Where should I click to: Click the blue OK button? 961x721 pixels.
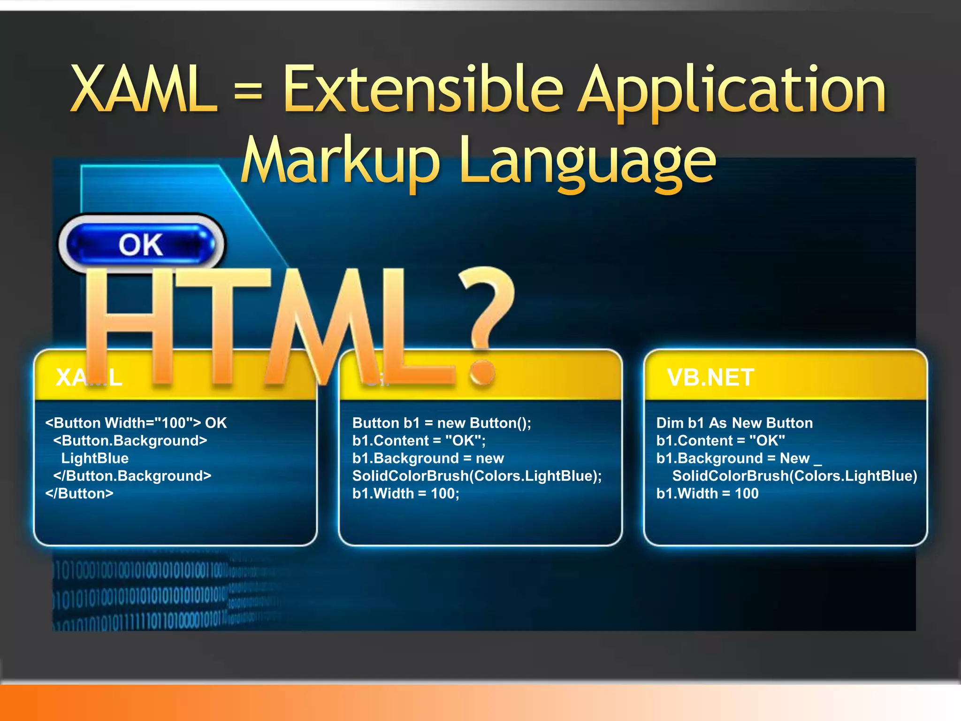[141, 244]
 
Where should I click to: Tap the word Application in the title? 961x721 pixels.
[732, 92]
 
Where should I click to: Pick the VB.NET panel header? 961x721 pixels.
[710, 377]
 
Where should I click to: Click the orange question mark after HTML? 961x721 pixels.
[486, 324]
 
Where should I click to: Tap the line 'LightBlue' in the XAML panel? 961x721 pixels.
[95, 458]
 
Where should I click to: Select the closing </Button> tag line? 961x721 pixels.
[79, 493]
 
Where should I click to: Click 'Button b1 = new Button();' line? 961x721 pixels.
[442, 423]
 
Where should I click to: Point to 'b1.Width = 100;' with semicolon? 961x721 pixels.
[406, 493]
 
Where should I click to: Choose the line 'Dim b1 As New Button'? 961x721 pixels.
[734, 423]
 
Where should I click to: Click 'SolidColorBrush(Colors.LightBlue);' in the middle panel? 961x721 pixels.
[477, 476]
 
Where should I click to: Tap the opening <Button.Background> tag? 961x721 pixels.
[130, 441]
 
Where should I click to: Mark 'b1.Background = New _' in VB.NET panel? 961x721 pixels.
[739, 458]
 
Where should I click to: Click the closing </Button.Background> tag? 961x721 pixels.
[132, 476]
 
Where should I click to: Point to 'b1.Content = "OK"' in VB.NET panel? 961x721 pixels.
[720, 441]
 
